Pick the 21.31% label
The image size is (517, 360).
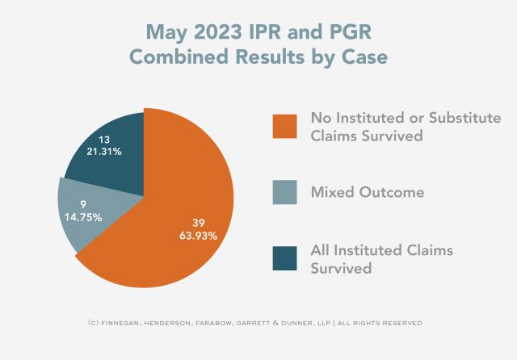[x=105, y=153]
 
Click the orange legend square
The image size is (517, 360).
[x=285, y=127]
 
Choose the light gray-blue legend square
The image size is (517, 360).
[x=285, y=192]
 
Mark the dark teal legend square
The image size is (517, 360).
[x=285, y=259]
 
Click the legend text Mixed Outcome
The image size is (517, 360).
[x=368, y=193]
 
